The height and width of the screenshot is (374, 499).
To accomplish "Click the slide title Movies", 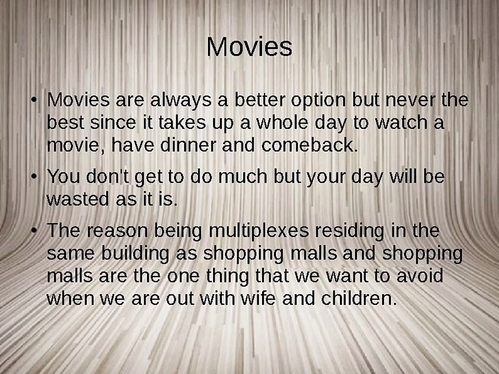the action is click(249, 47).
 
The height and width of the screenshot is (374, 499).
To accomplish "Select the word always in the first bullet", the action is click(180, 100).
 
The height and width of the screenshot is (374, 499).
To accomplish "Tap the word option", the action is click(318, 100).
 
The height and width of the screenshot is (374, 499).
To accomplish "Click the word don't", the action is click(108, 176).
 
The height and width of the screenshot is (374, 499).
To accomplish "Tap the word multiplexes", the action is click(259, 231).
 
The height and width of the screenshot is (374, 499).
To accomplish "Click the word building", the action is click(135, 254).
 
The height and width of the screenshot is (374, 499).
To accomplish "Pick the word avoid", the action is click(420, 275).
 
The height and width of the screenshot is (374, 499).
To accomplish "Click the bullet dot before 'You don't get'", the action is click(34, 177).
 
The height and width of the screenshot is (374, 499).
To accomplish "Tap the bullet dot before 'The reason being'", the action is click(34, 231).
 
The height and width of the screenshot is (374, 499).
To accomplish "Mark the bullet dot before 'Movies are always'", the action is click(34, 100).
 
